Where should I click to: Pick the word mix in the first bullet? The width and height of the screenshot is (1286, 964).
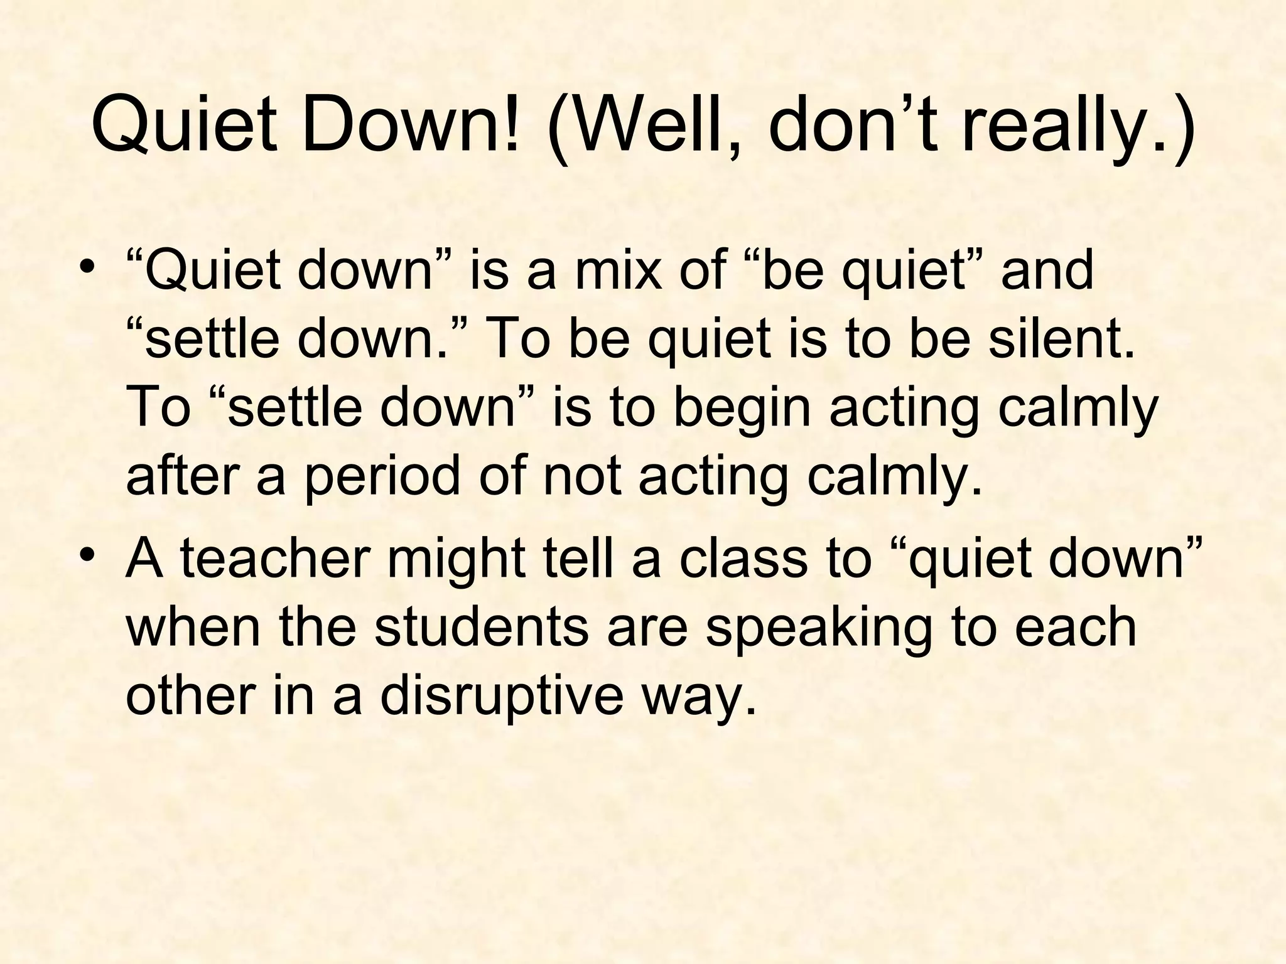(619, 271)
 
